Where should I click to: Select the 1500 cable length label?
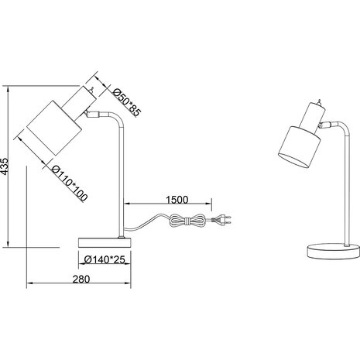coord(177,200)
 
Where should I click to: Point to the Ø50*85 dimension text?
coord(125,101)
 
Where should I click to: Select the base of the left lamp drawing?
coord(107,242)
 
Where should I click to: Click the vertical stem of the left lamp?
coord(122,186)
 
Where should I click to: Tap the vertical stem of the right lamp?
coord(338,194)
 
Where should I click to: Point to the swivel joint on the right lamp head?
coord(324,124)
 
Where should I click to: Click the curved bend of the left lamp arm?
coord(116,122)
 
